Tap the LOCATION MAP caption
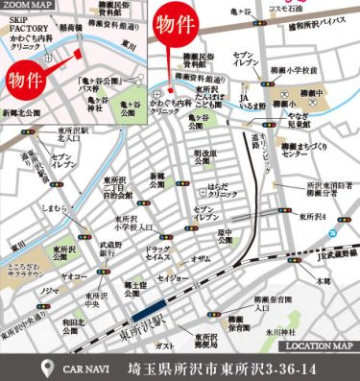(321, 345)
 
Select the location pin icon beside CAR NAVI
(49, 368)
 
